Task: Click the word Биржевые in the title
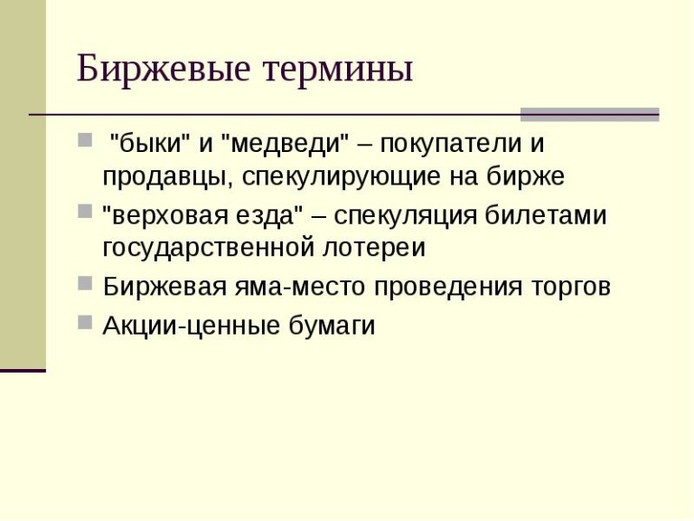pos(164,68)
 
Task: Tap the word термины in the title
pos(338,71)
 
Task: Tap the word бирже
pos(526,175)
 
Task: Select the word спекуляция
pos(406,217)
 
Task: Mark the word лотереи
pos(374,248)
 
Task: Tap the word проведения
pos(448,287)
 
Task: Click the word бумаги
pos(332,326)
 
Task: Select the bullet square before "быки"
pos(85,139)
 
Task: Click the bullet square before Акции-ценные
pos(85,322)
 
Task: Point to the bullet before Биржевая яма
pos(85,282)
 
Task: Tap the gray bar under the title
pos(589,114)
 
